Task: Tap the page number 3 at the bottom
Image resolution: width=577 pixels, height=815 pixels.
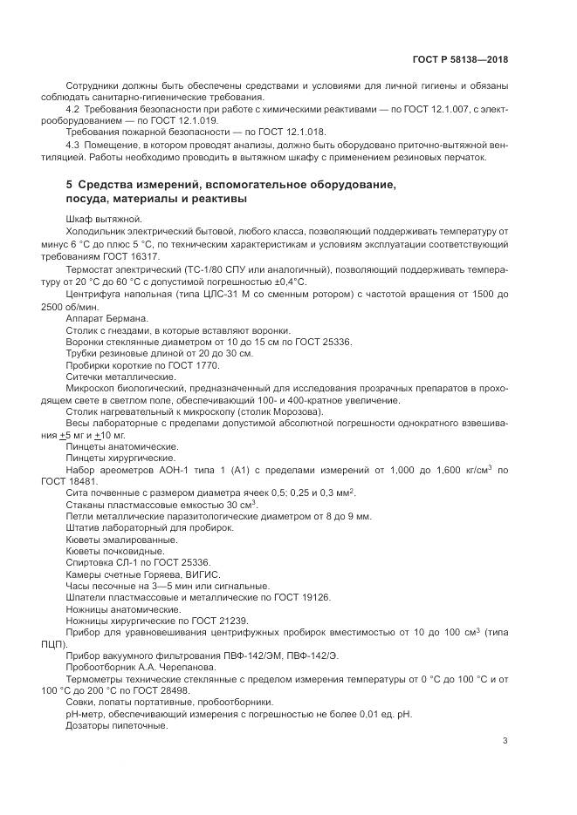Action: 505,741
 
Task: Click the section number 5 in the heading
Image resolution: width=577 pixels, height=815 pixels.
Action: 69,185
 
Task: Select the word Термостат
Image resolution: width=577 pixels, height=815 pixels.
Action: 89,271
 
